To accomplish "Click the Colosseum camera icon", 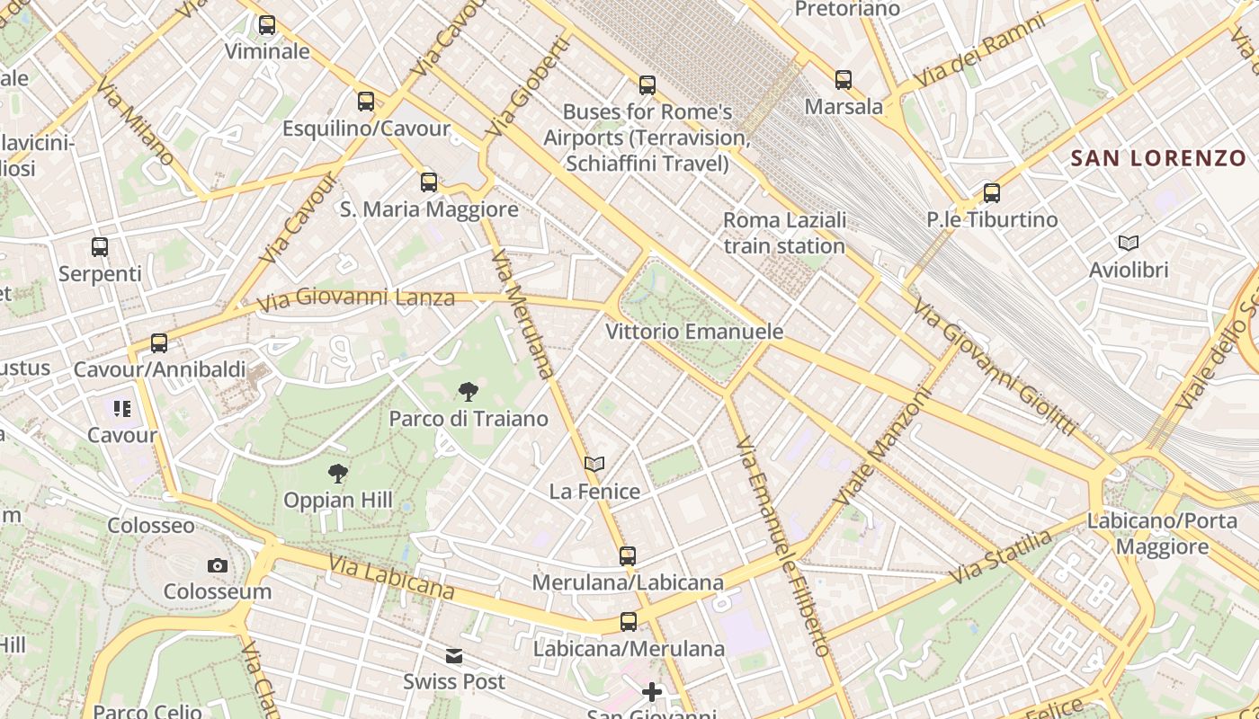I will pos(217,565).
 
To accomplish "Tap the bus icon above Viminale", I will pos(267,25).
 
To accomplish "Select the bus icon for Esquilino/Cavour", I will pos(365,102).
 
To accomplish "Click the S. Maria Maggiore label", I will pos(429,209).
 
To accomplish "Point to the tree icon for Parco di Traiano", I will pos(468,392).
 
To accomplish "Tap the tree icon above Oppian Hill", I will pos(338,473).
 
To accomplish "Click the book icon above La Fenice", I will pos(594,464).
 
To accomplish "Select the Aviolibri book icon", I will pos(1128,243).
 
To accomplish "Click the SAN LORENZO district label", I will pos(1158,158).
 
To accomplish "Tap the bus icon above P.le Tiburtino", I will pos(991,193).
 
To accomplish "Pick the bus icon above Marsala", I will pos(843,80).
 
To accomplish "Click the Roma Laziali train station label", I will pos(784,233).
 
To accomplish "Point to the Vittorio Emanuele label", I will pos(694,332).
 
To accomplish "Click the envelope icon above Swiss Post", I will pos(454,656).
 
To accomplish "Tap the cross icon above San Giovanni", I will pos(652,691).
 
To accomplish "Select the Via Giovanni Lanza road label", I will pos(356,298).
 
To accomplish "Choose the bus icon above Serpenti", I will pos(100,246).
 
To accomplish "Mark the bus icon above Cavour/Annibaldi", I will pos(159,343).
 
